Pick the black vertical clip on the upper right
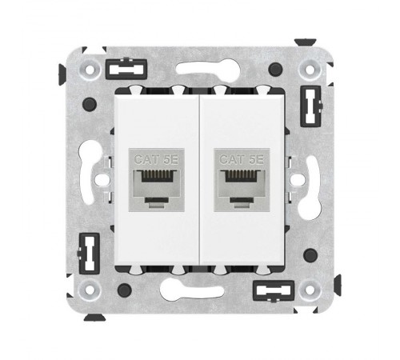(310, 102)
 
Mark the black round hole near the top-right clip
(276, 69)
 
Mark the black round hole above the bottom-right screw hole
(310, 254)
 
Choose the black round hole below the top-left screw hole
(90, 103)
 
